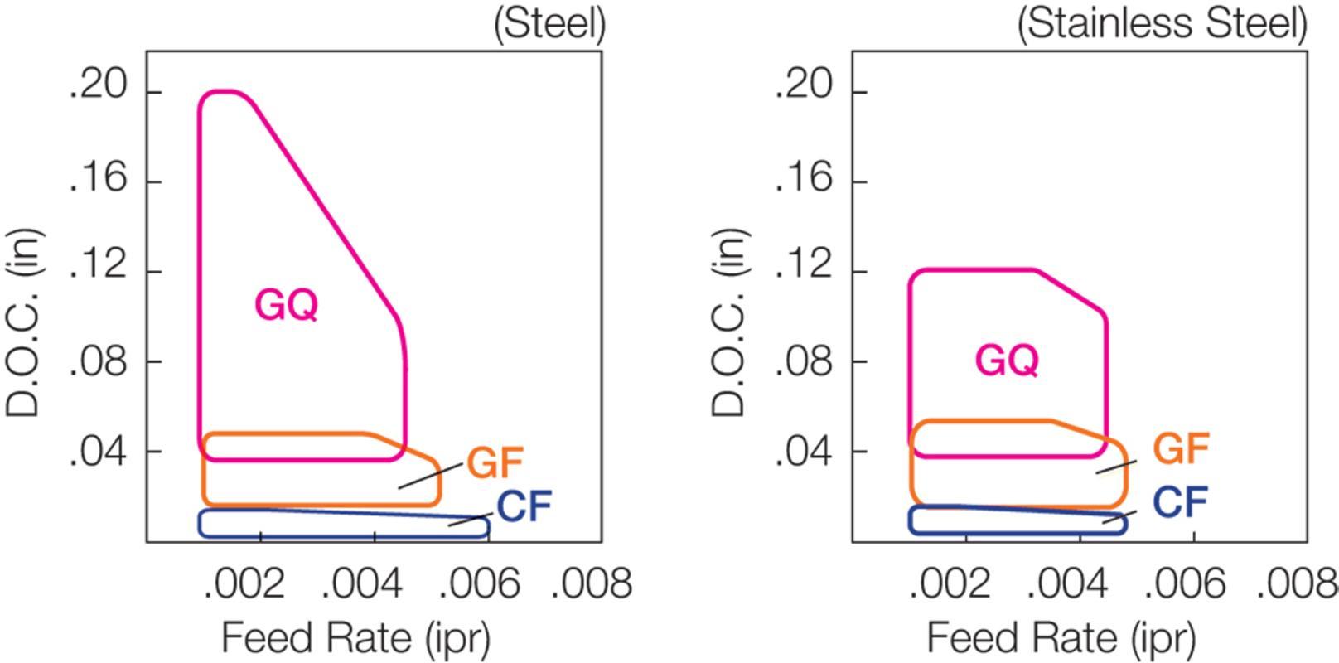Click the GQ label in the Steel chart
pos(286,305)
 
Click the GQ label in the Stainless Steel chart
pos(1007,361)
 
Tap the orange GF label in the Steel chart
pos(495,462)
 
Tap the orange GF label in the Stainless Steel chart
pos(1181,448)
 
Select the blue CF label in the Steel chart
pos(524,506)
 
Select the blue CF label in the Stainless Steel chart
pos(1181,502)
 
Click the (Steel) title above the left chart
pos(550,24)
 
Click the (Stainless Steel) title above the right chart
pos(1162,24)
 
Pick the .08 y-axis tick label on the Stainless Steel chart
pos(805,361)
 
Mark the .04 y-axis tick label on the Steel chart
pos(99,452)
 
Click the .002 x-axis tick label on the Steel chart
pos(244,583)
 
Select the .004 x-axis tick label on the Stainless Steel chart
pos(1067,583)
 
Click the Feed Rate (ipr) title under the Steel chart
pos(356,638)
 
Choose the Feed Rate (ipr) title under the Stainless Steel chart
pos(1061,638)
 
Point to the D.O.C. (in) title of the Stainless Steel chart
pos(730,322)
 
